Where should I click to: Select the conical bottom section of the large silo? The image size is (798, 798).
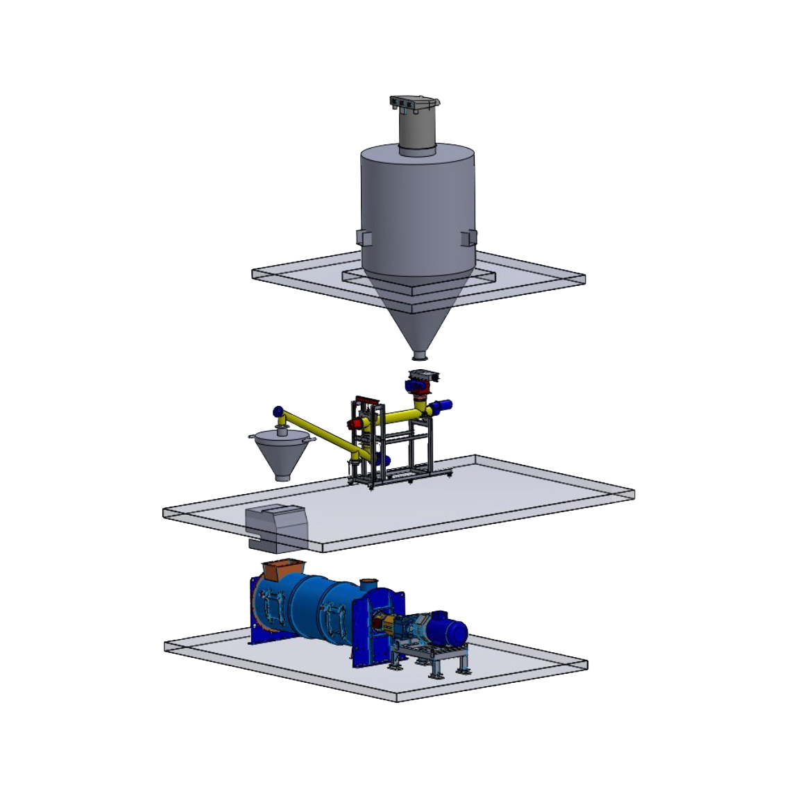pos(418,312)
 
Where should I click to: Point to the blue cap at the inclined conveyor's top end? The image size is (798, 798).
pos(278,411)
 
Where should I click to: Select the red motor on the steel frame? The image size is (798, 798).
pos(355,423)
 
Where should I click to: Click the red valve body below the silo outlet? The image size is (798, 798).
pos(420,400)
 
